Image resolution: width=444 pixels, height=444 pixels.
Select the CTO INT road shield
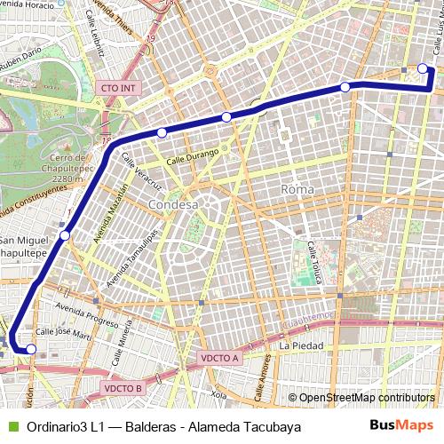(118, 88)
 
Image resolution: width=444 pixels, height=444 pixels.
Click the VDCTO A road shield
(219, 358)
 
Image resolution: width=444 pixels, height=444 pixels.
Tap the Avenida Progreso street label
(85, 313)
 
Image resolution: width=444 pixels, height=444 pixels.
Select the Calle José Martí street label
(63, 335)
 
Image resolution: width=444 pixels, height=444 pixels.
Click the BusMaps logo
(402, 425)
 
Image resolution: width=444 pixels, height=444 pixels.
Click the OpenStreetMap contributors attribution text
(361, 398)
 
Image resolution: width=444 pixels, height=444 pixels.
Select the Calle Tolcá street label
(312, 258)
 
